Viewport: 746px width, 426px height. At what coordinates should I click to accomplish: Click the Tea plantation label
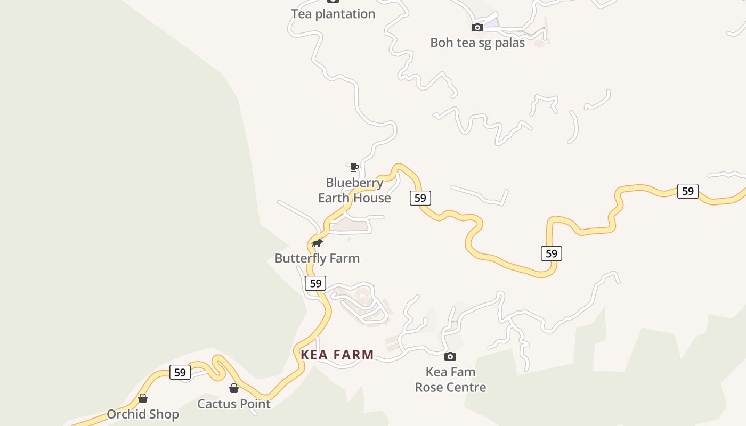pyautogui.click(x=333, y=14)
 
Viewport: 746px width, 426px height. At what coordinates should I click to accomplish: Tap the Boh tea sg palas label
pyautogui.click(x=477, y=43)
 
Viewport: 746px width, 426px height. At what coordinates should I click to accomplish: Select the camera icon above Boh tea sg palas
pyautogui.click(x=477, y=27)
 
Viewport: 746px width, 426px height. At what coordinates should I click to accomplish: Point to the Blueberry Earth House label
pyautogui.click(x=354, y=190)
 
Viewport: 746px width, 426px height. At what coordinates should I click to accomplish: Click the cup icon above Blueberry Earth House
pyautogui.click(x=353, y=168)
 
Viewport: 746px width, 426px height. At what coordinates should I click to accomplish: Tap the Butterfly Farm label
pyautogui.click(x=317, y=258)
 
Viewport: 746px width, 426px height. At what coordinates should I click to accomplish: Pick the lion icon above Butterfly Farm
pyautogui.click(x=317, y=243)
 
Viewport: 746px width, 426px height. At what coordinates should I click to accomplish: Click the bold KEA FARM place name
pyautogui.click(x=337, y=355)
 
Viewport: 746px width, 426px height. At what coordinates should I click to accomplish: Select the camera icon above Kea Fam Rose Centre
pyautogui.click(x=450, y=356)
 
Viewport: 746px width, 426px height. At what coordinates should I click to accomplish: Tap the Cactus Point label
pyautogui.click(x=234, y=404)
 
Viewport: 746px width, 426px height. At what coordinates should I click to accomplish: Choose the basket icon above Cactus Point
pyautogui.click(x=234, y=388)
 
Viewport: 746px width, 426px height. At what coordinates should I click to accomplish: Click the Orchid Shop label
pyautogui.click(x=143, y=414)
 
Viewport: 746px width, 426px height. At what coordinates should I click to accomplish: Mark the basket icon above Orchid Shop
pyautogui.click(x=143, y=398)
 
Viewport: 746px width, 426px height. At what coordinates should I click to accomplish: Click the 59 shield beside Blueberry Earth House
pyautogui.click(x=420, y=198)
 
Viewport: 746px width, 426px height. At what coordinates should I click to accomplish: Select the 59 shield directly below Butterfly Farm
pyautogui.click(x=315, y=283)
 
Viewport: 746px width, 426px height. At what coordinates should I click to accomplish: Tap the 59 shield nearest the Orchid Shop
pyautogui.click(x=180, y=372)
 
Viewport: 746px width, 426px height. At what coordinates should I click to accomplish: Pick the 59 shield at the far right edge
pyautogui.click(x=688, y=191)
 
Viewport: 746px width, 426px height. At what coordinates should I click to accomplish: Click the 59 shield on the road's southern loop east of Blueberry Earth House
pyautogui.click(x=552, y=253)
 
